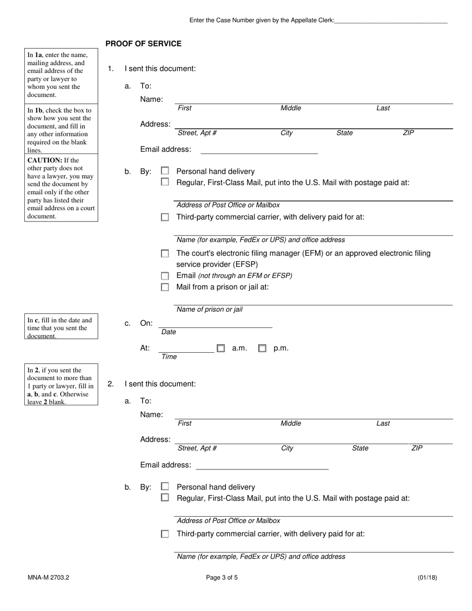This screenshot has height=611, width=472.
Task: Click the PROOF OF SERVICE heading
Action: (143, 44)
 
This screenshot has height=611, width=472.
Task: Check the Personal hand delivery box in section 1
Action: (165, 171)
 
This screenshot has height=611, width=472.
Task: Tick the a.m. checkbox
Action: (221, 348)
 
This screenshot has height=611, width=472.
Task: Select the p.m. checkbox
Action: (262, 348)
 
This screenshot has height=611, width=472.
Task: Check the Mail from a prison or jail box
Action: (165, 287)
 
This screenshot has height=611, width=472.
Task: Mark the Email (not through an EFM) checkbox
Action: (165, 276)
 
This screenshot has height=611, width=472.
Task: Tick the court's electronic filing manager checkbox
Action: (165, 253)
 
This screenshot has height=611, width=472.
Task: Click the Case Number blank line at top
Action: (391, 20)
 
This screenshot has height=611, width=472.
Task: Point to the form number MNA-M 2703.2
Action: (48, 578)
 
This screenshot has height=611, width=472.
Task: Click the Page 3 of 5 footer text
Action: (222, 578)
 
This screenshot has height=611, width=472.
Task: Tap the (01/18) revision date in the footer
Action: (427, 578)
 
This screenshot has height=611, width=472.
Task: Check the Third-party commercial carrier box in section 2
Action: (165, 534)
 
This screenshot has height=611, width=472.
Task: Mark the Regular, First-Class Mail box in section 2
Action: (165, 498)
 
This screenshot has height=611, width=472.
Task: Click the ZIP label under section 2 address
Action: (417, 448)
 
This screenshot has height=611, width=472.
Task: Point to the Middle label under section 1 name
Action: (291, 108)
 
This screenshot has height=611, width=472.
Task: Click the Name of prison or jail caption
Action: (210, 309)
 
